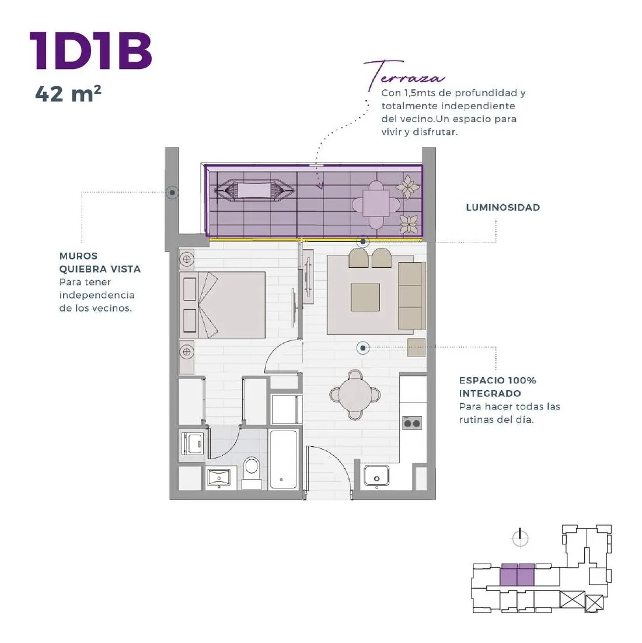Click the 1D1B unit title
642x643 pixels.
coord(91,51)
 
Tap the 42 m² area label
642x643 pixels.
coord(68,94)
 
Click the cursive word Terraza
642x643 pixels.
coord(404,75)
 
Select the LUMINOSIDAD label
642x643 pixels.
coord(503,208)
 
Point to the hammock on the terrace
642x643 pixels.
coord(254,191)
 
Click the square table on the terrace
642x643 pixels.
coord(376,204)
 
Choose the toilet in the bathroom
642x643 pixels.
coord(252,473)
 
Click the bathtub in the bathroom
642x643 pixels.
coord(283,459)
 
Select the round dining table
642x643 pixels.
coord(355,395)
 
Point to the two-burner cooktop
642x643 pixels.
coord(412,423)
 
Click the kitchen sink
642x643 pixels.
coord(376,476)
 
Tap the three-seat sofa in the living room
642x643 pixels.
coord(412,296)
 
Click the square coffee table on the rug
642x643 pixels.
coord(365,298)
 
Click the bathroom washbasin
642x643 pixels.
coord(219,478)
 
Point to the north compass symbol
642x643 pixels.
coord(520,538)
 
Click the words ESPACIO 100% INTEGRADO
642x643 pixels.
coord(498,387)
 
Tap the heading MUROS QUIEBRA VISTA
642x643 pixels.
coord(100,263)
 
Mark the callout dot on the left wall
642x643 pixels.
coord(172,193)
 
